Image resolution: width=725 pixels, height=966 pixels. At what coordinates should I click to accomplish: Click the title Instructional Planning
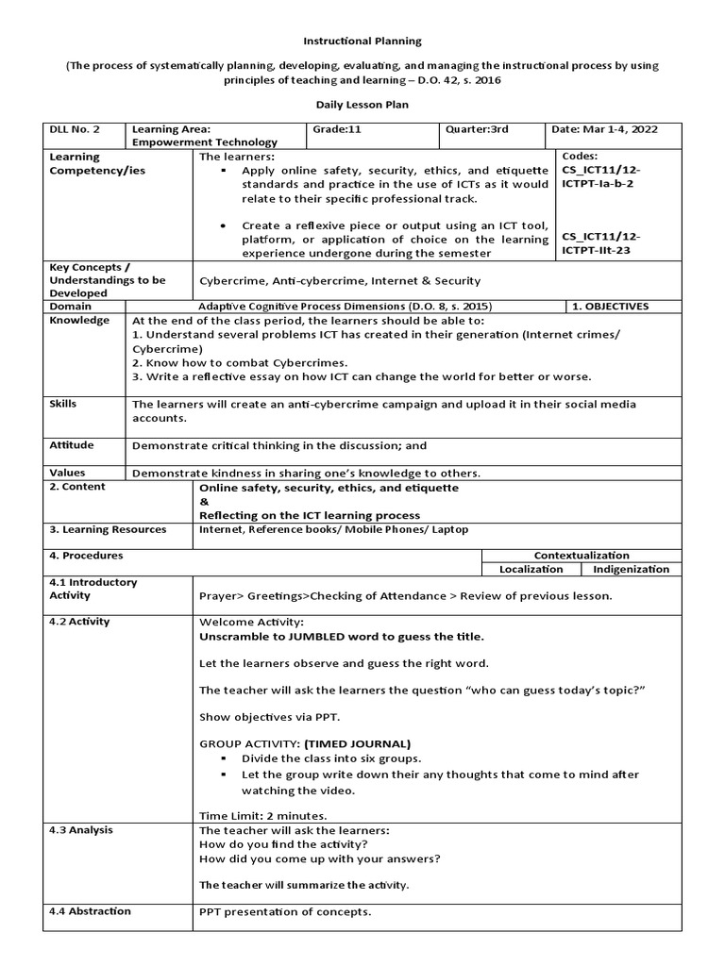click(x=362, y=42)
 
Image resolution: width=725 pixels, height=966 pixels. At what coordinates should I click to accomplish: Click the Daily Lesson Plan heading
click(x=362, y=105)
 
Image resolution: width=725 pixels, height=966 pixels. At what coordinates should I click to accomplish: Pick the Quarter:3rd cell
click(x=470, y=129)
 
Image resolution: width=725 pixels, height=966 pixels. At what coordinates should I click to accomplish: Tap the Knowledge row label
click(x=79, y=321)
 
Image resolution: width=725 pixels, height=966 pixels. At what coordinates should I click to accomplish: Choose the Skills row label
click(x=63, y=404)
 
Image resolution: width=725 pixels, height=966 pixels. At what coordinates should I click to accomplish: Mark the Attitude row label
click(x=69, y=444)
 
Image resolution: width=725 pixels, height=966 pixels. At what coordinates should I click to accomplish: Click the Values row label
click(x=67, y=473)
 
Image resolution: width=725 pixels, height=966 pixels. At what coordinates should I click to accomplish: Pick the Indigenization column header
click(x=631, y=569)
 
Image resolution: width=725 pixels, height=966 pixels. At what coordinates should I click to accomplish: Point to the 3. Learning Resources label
click(x=108, y=530)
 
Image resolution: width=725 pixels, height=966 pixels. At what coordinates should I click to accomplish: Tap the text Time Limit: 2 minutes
click(x=263, y=815)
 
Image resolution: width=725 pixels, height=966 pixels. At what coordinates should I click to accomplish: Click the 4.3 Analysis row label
click(x=81, y=830)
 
